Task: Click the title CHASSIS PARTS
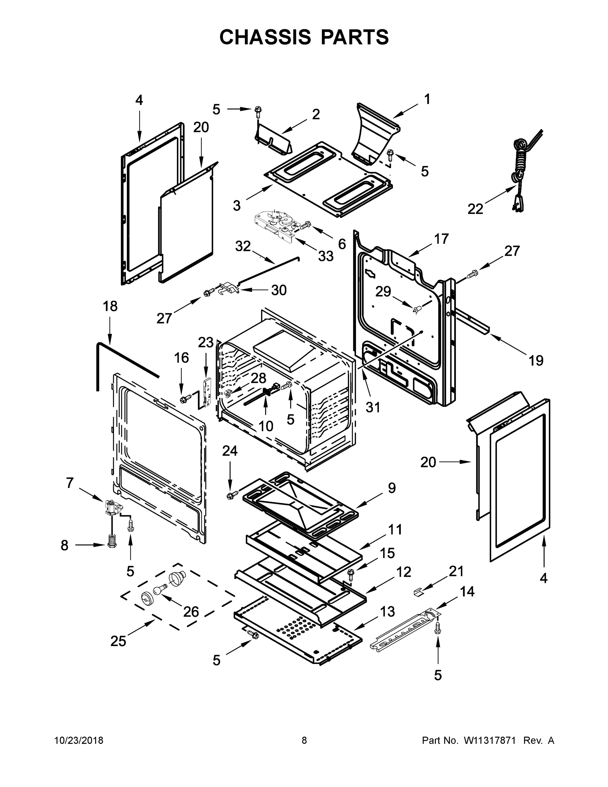pyautogui.click(x=304, y=37)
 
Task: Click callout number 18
pyautogui.click(x=110, y=306)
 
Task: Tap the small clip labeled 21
pyautogui.click(x=418, y=591)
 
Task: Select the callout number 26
pyautogui.click(x=191, y=612)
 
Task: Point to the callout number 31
pyautogui.click(x=373, y=407)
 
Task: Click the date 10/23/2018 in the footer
pyautogui.click(x=79, y=740)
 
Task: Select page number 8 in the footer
pyautogui.click(x=304, y=740)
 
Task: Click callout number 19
pyautogui.click(x=536, y=360)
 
